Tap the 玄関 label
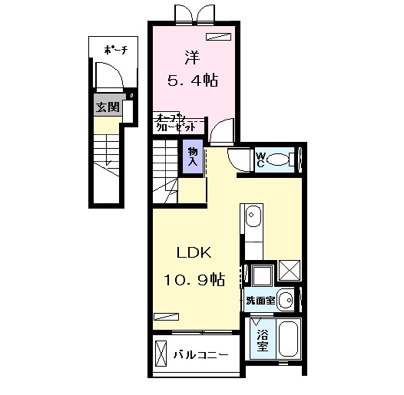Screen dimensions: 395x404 [104, 107]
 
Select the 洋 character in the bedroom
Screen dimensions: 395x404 [190, 56]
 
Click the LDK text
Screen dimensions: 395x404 [195, 254]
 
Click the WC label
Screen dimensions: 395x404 [261, 160]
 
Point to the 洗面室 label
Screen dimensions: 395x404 [260, 301]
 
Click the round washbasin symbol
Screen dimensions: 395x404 [285, 299]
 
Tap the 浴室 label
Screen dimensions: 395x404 [261, 339]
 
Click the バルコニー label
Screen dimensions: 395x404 [199, 355]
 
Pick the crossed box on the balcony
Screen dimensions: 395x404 [162, 355]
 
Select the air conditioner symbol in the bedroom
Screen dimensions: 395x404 [218, 35]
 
